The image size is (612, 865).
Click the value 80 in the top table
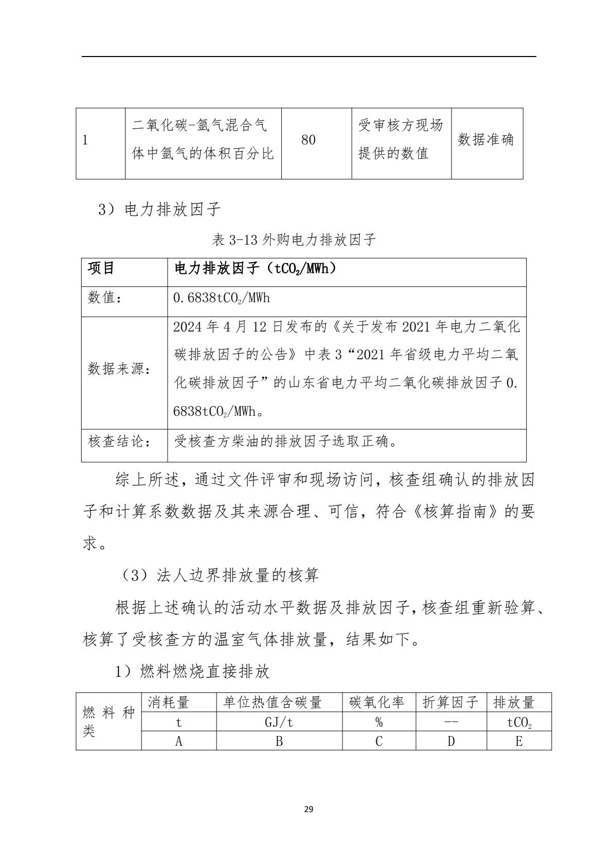(x=308, y=140)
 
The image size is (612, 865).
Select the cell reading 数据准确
(x=486, y=140)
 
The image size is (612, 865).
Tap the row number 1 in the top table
(x=85, y=140)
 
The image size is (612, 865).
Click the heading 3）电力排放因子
(x=159, y=209)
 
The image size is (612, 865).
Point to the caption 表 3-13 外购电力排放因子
(x=294, y=240)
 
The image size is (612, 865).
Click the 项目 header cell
(x=101, y=268)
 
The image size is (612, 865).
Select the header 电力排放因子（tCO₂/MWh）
(x=256, y=268)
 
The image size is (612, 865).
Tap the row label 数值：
(x=104, y=298)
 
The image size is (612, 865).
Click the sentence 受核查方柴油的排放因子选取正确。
(x=286, y=441)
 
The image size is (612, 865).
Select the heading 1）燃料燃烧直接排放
(x=192, y=672)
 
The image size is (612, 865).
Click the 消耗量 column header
(x=169, y=702)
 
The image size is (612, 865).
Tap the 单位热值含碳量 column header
(x=273, y=702)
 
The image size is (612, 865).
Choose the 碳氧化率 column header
(x=377, y=702)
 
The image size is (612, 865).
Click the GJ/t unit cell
(x=279, y=722)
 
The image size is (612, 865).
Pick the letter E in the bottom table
(x=519, y=741)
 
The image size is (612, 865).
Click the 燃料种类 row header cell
(x=109, y=722)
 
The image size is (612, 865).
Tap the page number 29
(x=309, y=809)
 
